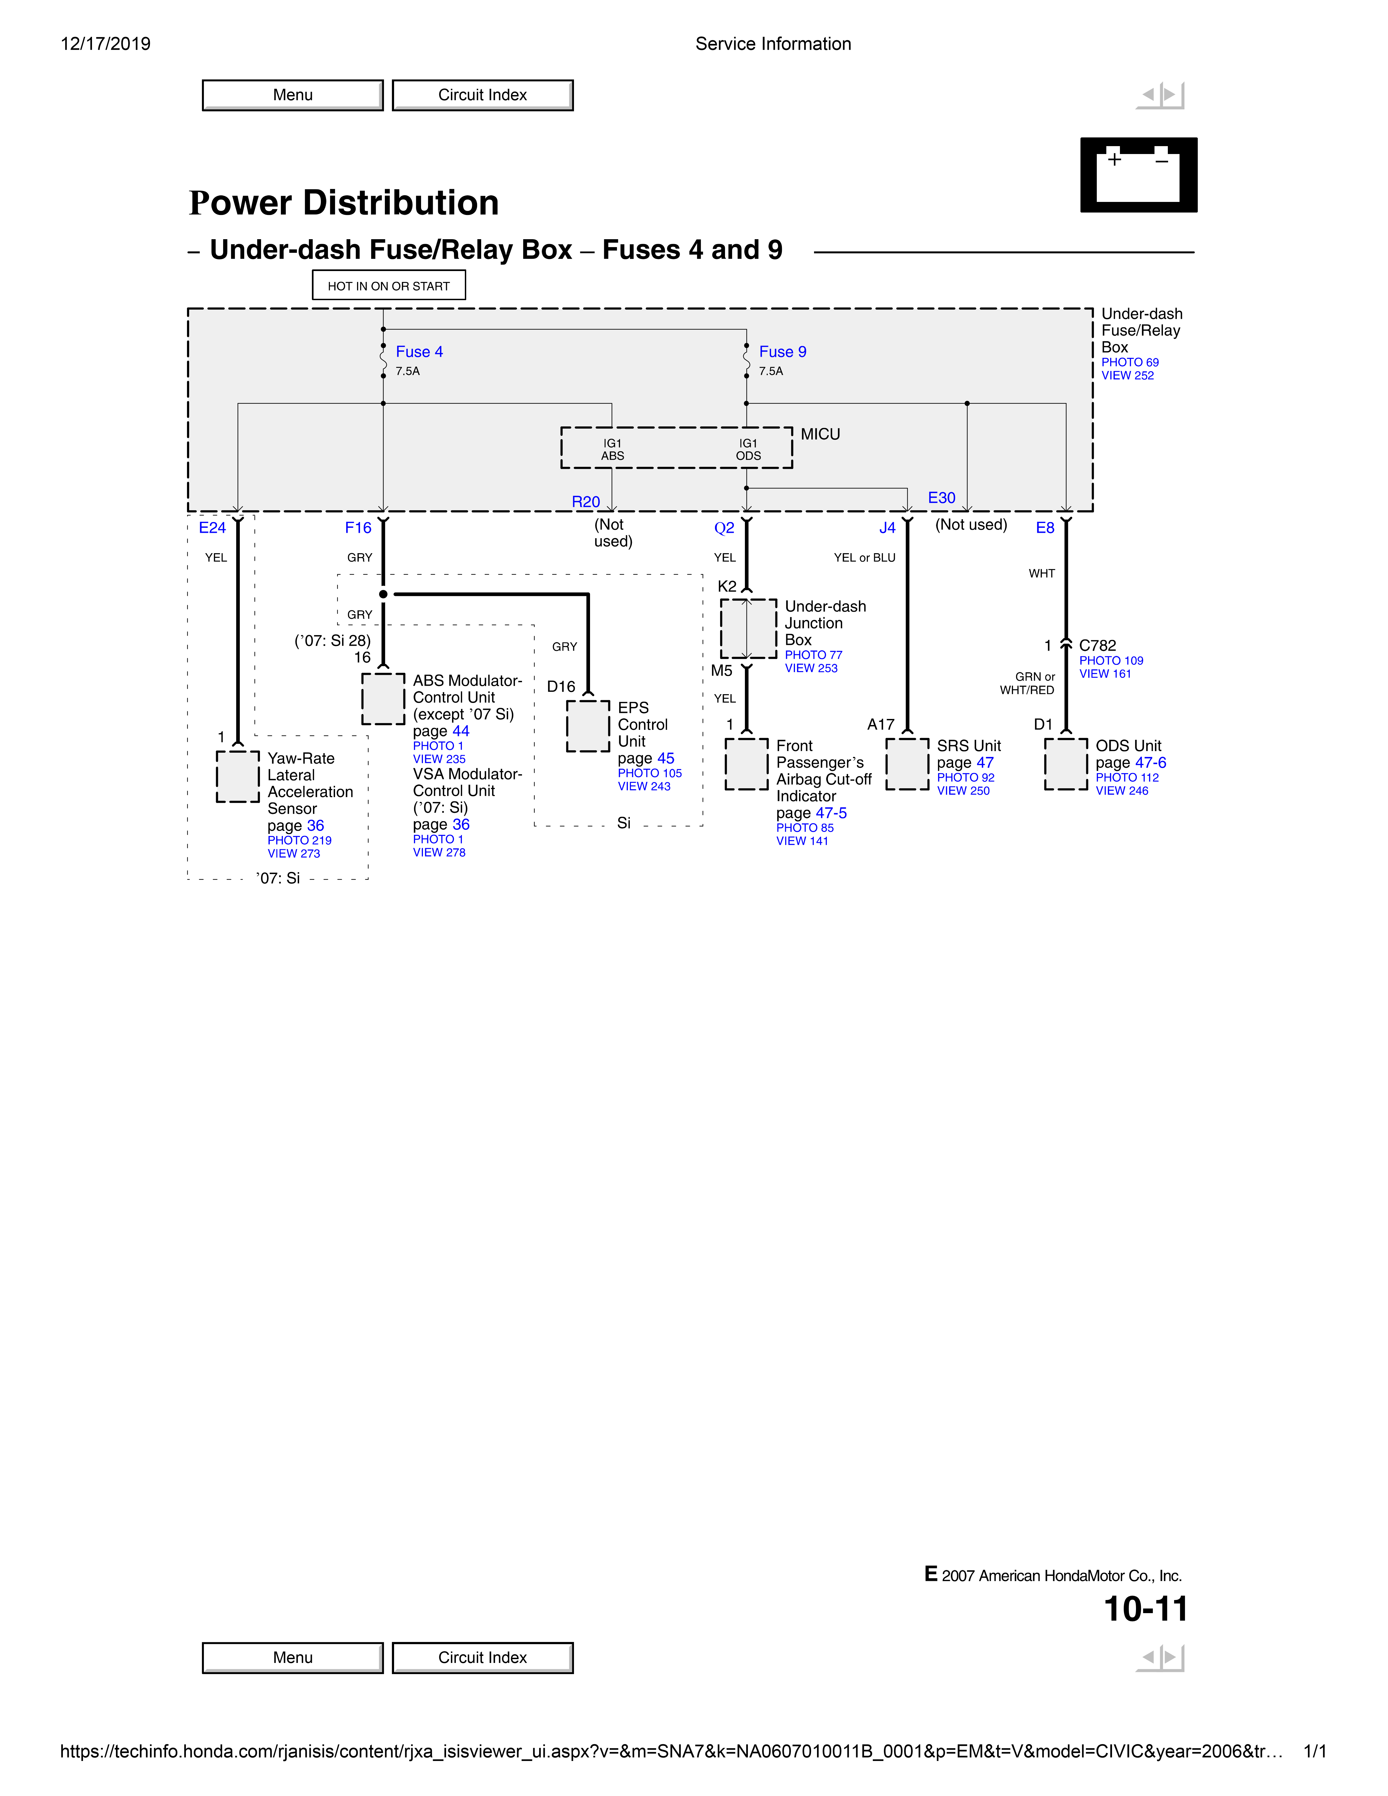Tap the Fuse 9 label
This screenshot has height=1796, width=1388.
(x=782, y=352)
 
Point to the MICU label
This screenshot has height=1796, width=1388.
(x=820, y=434)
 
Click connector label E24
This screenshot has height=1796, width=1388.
(x=212, y=528)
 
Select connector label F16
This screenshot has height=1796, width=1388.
(x=358, y=528)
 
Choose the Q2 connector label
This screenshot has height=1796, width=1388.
(x=724, y=528)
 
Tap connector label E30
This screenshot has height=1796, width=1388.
(x=941, y=498)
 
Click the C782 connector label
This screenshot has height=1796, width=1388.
(x=1097, y=645)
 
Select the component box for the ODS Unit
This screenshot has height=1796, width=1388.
(x=1066, y=764)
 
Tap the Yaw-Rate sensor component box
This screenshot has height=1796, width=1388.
(x=238, y=776)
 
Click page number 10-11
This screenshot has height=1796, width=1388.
(x=1146, y=1609)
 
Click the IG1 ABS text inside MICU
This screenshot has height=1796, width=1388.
(x=613, y=450)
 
